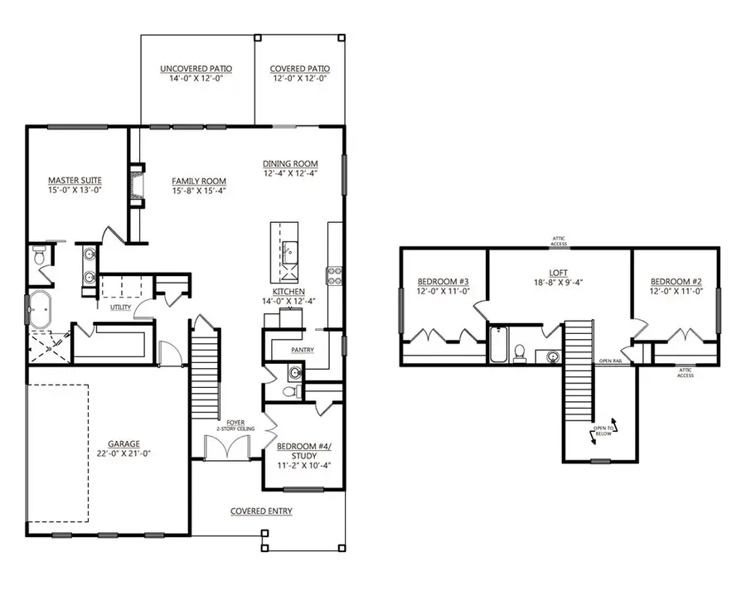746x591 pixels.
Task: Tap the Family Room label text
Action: pos(199,181)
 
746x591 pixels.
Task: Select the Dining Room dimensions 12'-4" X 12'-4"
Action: pos(290,174)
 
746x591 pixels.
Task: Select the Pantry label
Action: pos(302,350)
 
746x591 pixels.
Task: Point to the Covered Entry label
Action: pos(261,511)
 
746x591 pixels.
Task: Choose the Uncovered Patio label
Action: pos(196,69)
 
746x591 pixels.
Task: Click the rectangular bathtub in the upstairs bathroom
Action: pos(498,346)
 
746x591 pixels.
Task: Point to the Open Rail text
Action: pos(613,362)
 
